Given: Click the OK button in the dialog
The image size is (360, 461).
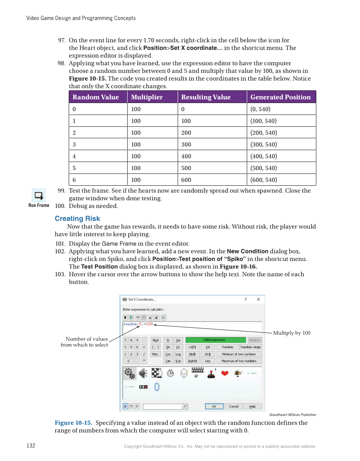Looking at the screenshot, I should click(x=214, y=406).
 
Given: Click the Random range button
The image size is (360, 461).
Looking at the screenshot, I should click(x=251, y=347).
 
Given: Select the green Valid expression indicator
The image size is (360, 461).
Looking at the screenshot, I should click(x=215, y=340).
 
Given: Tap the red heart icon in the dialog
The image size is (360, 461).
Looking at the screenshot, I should click(x=225, y=373).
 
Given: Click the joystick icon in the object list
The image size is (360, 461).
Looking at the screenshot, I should click(x=211, y=373).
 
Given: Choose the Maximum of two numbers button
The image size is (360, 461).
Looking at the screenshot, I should click(x=239, y=361).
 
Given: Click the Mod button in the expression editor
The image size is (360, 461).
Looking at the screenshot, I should click(x=156, y=340).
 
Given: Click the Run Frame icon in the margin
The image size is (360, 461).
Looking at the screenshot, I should click(x=39, y=196).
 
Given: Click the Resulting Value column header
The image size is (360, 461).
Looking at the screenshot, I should click(x=206, y=97).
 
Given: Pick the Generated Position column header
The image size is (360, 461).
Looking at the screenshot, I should click(x=280, y=97).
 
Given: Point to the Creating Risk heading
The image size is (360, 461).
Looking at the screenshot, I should click(x=77, y=218).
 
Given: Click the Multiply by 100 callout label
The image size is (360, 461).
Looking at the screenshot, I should click(x=291, y=333).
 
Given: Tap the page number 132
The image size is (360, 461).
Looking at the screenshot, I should click(x=31, y=446).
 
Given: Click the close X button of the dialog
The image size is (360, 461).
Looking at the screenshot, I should click(x=258, y=299).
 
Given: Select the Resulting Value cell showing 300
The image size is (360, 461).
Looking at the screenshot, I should click(x=186, y=144).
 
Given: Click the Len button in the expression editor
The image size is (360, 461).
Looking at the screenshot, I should click(x=207, y=361).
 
